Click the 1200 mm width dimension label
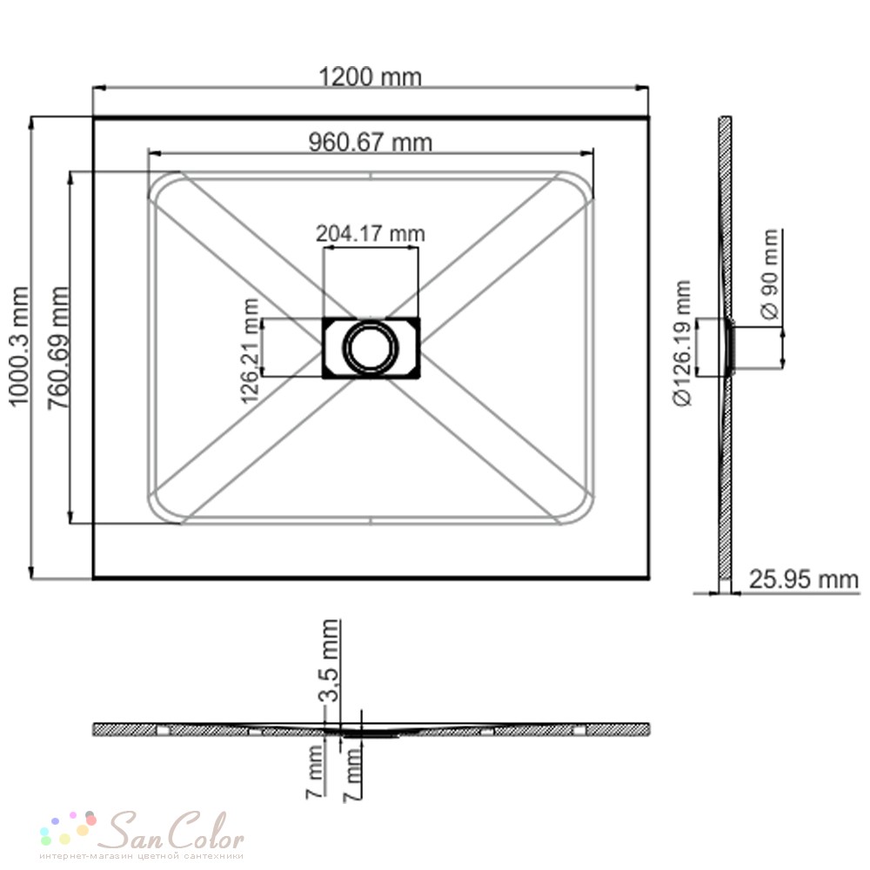pyautogui.click(x=370, y=77)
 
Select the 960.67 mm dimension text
pyautogui.click(x=370, y=142)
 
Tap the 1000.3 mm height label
pyautogui.click(x=19, y=346)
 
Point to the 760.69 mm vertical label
pyautogui.click(x=58, y=348)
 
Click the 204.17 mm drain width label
pyautogui.click(x=370, y=233)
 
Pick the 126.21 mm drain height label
pyautogui.click(x=251, y=351)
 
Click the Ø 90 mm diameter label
pyautogui.click(x=770, y=275)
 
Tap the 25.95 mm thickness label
pyautogui.click(x=803, y=579)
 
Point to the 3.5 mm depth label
pyautogui.click(x=330, y=660)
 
